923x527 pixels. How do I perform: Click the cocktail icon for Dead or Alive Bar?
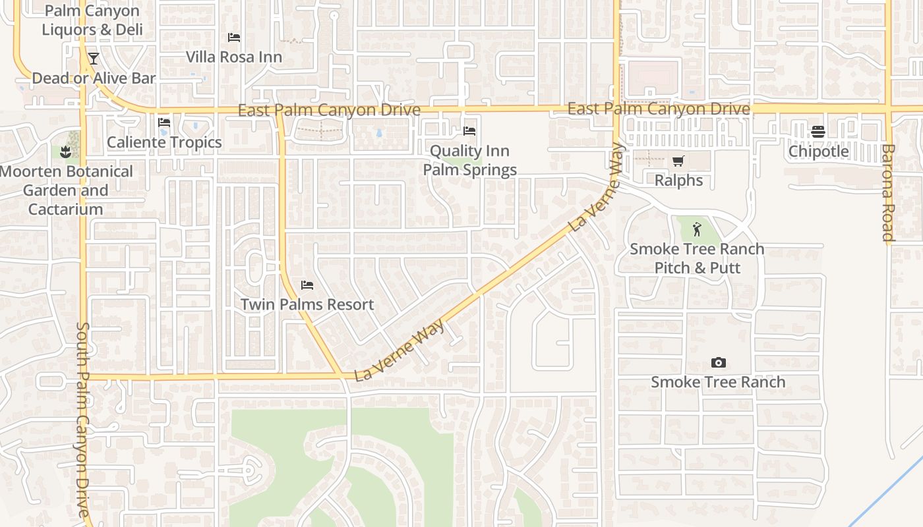pos(93,59)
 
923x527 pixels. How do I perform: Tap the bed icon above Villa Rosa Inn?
pos(233,38)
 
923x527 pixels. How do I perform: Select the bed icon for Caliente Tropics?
pos(164,123)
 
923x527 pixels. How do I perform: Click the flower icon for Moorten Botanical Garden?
pos(65,152)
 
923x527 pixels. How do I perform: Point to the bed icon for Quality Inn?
pos(469,131)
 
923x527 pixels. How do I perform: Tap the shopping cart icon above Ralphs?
pos(678,161)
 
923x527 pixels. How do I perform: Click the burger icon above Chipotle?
pos(818,132)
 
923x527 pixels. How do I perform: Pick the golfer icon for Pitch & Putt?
pos(697,230)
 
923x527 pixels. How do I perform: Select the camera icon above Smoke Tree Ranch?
pos(718,363)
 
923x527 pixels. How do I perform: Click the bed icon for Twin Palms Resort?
pos(307,285)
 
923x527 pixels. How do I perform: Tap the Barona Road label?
pos(888,193)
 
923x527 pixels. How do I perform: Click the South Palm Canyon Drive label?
pos(84,419)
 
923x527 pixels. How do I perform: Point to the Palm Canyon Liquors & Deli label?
pos(92,20)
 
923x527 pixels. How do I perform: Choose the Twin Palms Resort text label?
pos(307,305)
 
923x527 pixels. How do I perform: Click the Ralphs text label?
pos(678,180)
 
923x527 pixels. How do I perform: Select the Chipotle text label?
pos(819,152)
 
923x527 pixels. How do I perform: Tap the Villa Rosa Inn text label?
pos(234,57)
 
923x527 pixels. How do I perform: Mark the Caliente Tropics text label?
pos(164,142)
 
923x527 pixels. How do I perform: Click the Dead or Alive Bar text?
pos(94,78)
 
